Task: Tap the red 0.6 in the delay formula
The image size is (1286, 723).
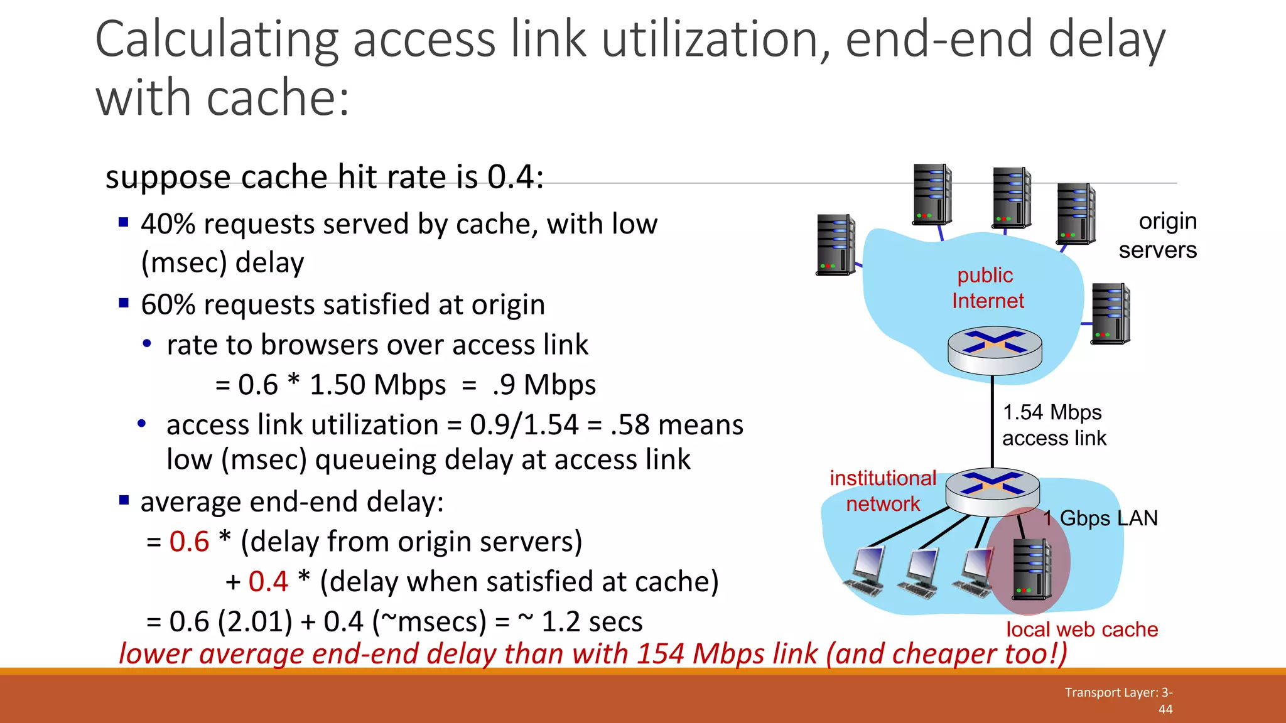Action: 189,542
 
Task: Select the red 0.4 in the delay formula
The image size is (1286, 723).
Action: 268,582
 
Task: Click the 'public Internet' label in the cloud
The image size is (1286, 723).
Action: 987,288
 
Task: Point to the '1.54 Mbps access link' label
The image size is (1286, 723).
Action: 1054,425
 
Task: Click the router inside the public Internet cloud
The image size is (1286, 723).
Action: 995,348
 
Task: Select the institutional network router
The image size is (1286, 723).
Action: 992,491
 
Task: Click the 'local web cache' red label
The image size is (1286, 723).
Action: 1082,629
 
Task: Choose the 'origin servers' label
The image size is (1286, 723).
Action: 1159,235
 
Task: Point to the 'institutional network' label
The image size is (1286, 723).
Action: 883,491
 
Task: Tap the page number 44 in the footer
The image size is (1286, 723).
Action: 1165,709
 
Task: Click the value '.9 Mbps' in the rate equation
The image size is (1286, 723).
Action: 544,385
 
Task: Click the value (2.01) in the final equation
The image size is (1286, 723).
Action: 255,622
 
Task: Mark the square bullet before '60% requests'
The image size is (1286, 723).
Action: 124,304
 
